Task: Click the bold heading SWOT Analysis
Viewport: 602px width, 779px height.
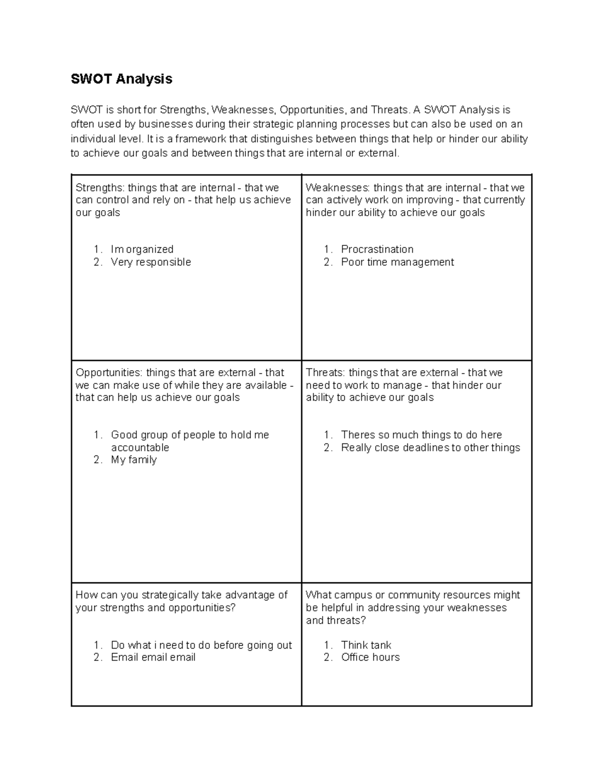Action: [121, 79]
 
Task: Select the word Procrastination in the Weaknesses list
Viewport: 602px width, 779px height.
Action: [377, 249]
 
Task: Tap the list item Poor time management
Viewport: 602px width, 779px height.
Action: [397, 262]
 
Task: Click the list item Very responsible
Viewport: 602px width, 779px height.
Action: [150, 262]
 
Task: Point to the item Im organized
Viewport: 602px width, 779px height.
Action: [142, 249]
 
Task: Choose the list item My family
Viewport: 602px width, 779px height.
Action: [133, 459]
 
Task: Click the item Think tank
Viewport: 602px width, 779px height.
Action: [366, 645]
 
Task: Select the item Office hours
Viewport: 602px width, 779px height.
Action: [370, 657]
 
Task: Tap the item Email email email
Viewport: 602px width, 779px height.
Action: [153, 657]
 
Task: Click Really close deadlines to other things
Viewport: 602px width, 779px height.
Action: [430, 447]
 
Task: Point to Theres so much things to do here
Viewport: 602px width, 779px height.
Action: [421, 435]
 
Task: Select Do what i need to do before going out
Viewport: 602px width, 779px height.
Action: [201, 645]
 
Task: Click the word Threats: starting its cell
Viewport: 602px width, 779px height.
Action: [325, 373]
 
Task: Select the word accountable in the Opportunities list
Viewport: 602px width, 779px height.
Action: [140, 447]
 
